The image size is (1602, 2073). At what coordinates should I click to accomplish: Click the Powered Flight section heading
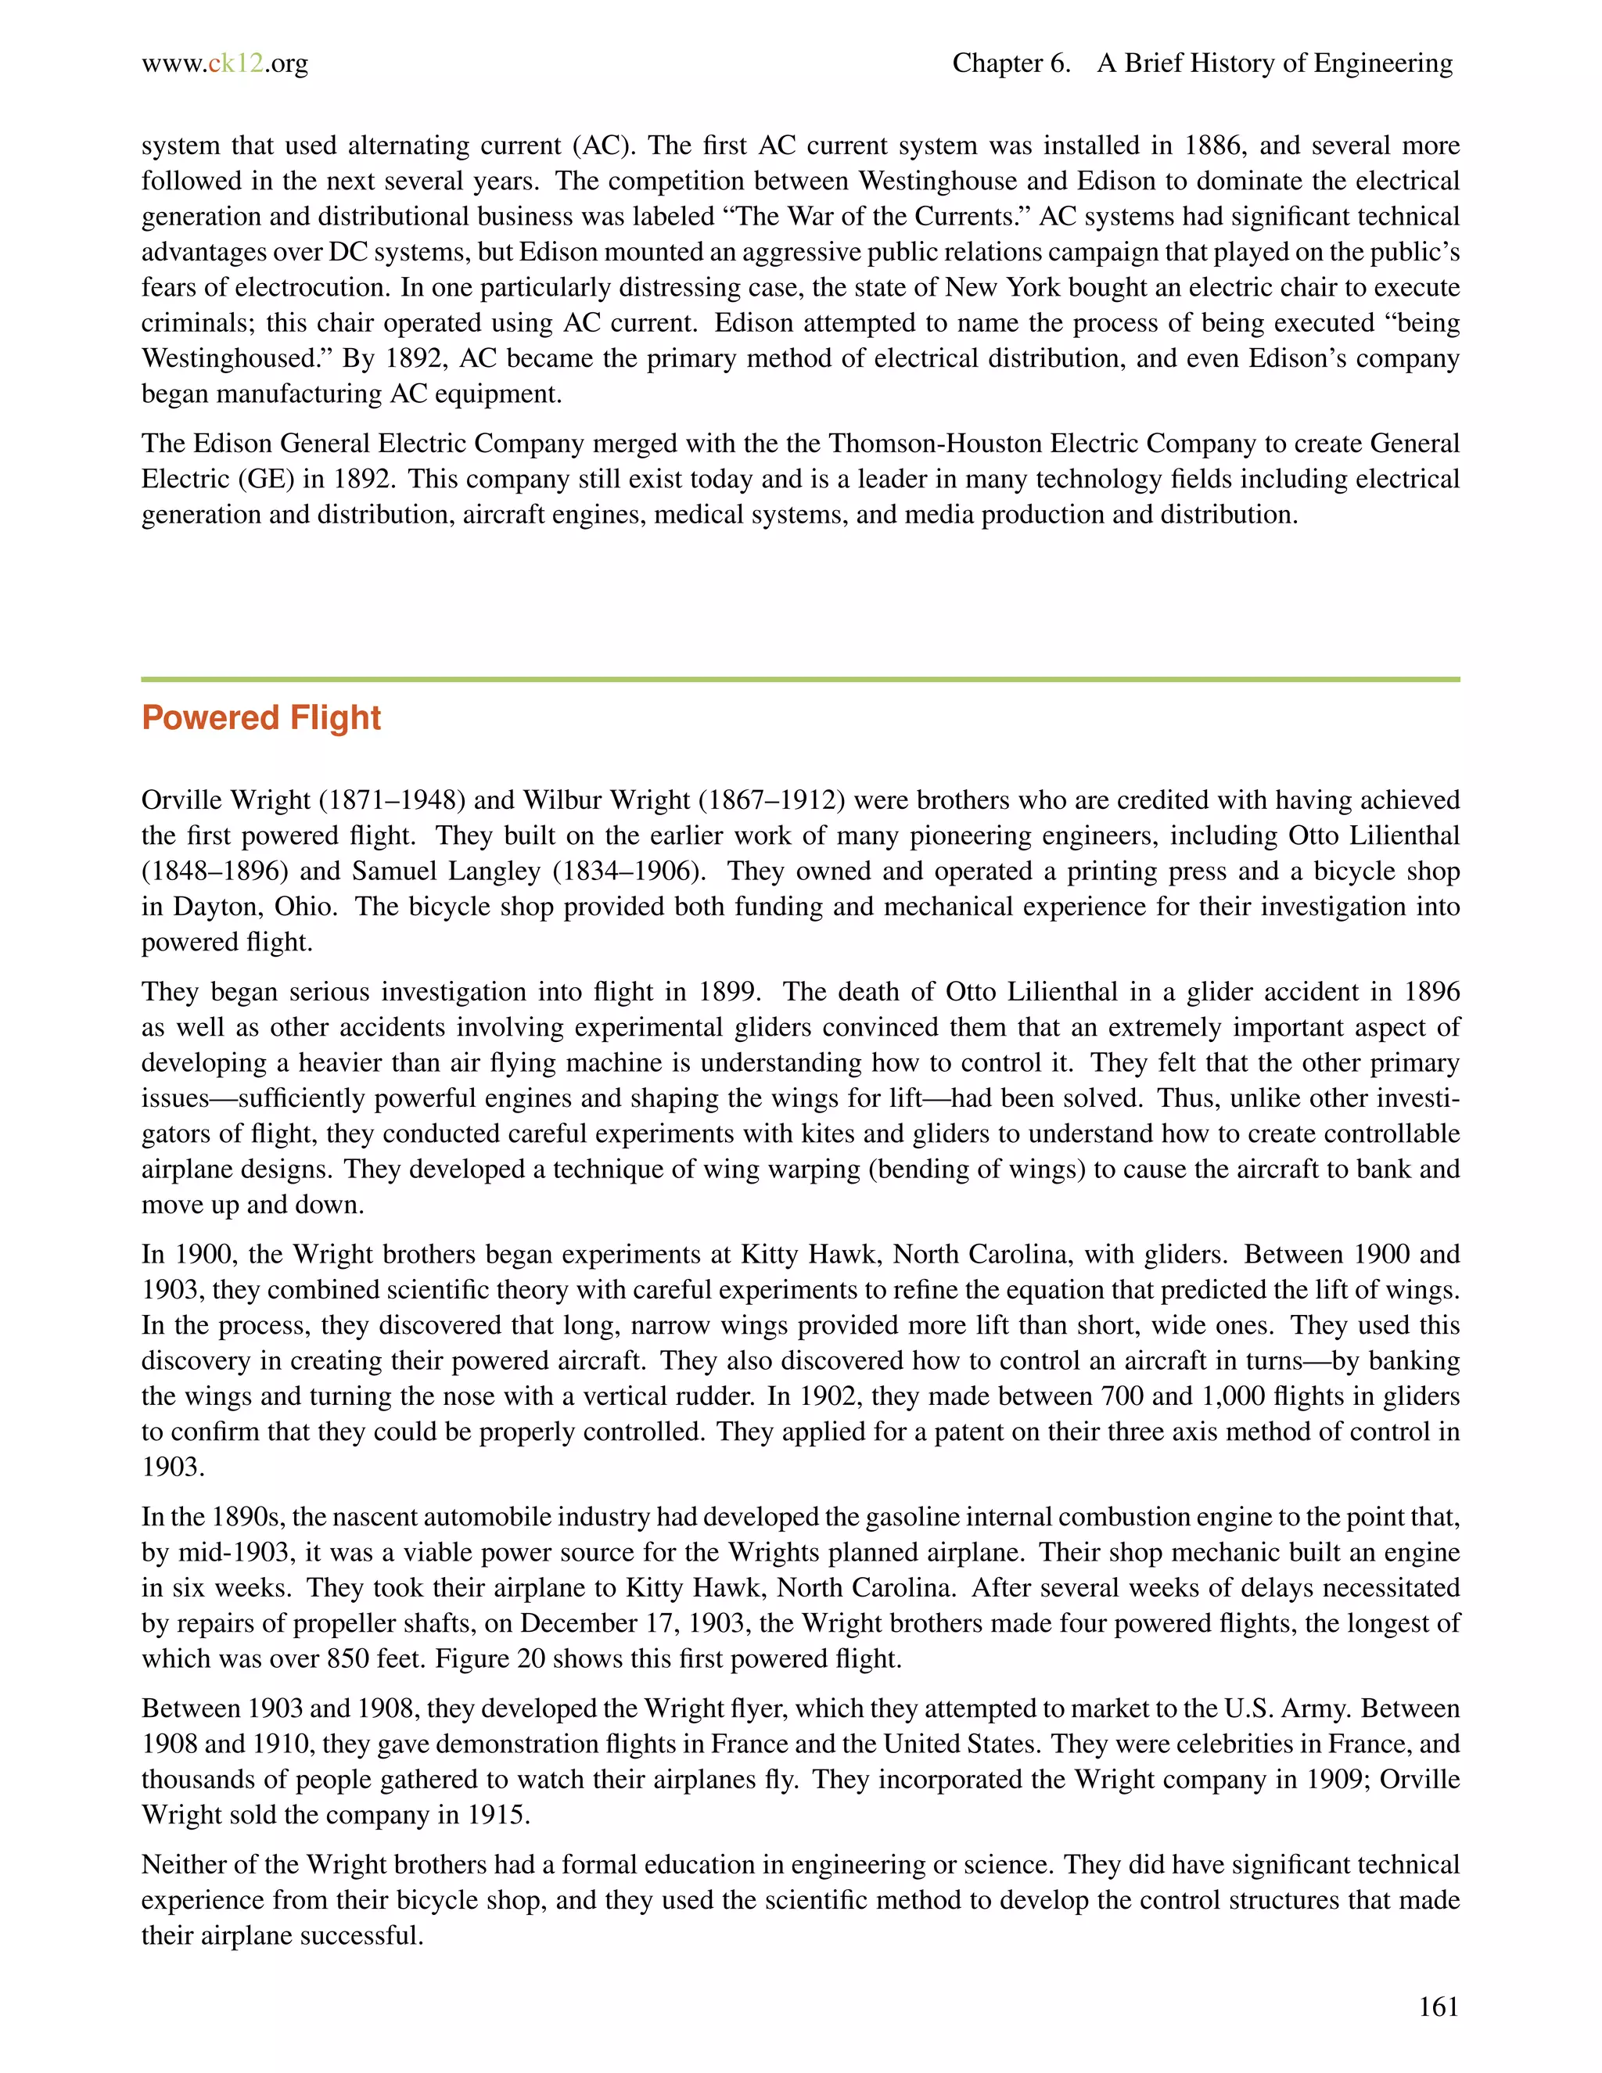(261, 719)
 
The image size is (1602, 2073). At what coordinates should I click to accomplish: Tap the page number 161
(1438, 2007)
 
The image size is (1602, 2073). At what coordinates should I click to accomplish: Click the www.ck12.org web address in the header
(225, 63)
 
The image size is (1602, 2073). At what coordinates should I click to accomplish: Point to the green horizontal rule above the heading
(800, 680)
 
